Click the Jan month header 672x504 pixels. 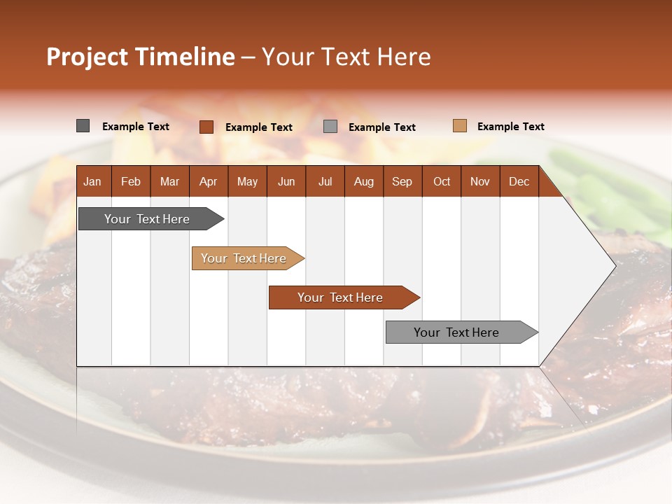pos(92,181)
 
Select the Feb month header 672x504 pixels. pos(131,181)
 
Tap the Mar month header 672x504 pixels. pos(169,181)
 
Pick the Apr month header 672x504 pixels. pos(208,181)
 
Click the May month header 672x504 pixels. pos(247,181)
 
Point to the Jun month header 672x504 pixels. pos(286,181)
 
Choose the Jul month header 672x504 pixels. pos(325,181)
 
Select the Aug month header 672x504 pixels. pos(363,181)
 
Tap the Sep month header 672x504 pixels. pos(402,181)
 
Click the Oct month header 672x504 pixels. pos(442,181)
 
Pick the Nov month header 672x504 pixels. pos(480,181)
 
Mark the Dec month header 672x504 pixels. pos(519,181)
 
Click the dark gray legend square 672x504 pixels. pos(83,126)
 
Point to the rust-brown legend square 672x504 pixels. pos(206,127)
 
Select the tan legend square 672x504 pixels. pos(459,126)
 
